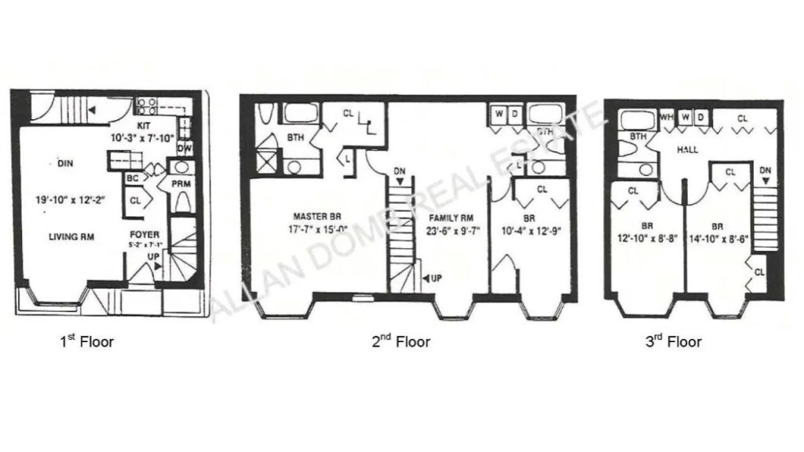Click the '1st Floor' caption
point(86,342)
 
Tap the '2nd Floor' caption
point(400,342)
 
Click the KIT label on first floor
point(144,124)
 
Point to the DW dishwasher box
point(185,149)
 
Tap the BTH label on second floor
point(296,137)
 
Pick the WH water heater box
point(667,118)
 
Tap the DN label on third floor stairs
point(766,170)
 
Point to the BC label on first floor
point(133,177)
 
